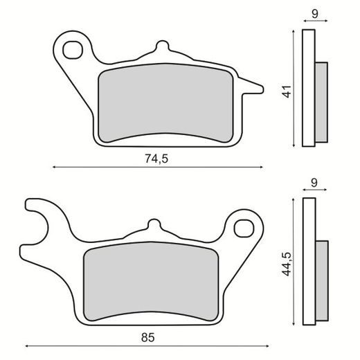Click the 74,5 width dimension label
[x=157, y=159]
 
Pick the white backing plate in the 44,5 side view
[x=309, y=263]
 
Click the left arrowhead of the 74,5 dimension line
[x=55, y=167]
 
